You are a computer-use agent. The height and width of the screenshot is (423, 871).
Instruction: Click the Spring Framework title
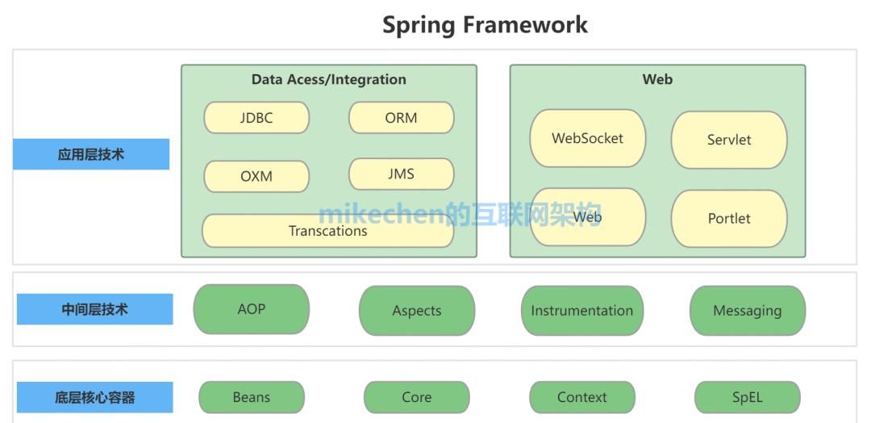[485, 24]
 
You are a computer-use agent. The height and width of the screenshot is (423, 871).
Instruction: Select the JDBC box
[256, 118]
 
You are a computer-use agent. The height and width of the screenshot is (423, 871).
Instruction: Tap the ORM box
[401, 118]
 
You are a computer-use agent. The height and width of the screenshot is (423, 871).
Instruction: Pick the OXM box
[256, 176]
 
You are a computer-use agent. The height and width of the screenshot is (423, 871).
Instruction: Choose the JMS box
[401, 174]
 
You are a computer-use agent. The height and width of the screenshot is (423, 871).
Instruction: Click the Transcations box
[327, 231]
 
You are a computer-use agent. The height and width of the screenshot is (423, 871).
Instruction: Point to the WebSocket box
[587, 138]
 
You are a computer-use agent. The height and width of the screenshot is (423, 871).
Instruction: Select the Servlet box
[728, 140]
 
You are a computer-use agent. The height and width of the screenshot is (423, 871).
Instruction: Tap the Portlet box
[728, 218]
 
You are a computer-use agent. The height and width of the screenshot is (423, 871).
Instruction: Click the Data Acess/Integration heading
[328, 79]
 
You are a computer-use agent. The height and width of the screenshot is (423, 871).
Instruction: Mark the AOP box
[252, 309]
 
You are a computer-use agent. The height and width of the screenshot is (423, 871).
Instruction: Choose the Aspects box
[417, 311]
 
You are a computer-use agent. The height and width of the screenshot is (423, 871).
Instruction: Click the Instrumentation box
[581, 311]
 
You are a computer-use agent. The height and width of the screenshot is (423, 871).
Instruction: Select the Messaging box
[747, 311]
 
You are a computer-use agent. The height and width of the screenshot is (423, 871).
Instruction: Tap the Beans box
[252, 397]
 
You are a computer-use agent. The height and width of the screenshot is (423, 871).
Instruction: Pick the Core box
[416, 397]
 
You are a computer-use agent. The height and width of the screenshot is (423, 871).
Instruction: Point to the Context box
[581, 397]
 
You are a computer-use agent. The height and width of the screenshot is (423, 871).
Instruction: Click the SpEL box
[747, 397]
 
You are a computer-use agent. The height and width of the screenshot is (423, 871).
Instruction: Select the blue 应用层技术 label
[91, 154]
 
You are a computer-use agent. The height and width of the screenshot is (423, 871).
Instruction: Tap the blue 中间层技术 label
[94, 309]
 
